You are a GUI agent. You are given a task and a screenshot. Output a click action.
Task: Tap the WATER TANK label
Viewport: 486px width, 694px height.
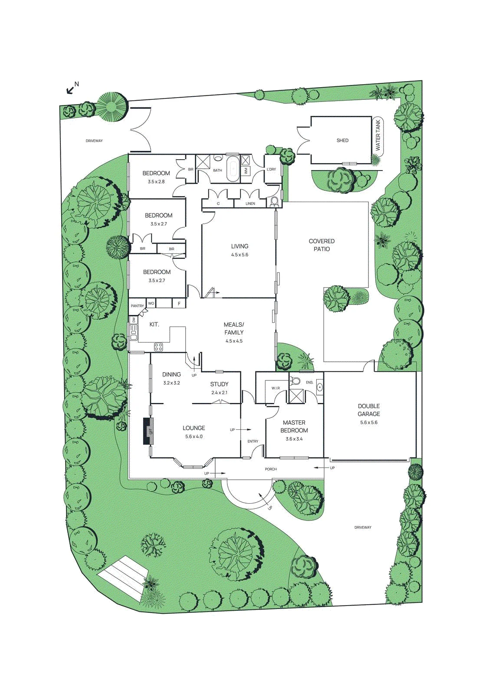pos(378,136)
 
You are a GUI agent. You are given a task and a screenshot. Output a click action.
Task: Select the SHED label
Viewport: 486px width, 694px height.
pos(342,141)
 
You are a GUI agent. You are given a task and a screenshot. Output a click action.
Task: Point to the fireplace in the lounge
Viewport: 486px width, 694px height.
pos(149,431)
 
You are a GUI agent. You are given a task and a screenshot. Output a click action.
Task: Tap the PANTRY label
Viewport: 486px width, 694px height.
pos(137,306)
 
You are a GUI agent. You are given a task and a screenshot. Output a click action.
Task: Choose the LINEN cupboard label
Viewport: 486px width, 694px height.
pos(250,203)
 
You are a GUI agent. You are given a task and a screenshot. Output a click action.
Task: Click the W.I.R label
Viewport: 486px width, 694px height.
pos(276,388)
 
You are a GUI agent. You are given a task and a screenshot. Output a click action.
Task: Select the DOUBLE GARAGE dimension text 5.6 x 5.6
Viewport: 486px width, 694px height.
pos(369,422)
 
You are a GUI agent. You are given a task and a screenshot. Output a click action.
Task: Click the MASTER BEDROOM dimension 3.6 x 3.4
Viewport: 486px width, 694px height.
pos(294,439)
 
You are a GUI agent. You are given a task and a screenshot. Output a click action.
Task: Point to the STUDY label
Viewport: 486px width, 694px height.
pos(219,384)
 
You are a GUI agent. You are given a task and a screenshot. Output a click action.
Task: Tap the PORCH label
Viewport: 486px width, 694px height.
pos(271,469)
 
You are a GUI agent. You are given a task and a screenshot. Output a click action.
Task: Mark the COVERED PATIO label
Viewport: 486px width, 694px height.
pos(322,245)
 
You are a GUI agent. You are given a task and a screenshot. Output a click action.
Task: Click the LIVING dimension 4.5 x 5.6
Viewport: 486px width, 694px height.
pos(240,255)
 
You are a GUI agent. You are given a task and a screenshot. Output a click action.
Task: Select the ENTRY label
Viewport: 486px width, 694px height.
pos(253,441)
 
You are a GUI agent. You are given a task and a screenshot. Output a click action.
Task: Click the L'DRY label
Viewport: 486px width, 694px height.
pos(271,170)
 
